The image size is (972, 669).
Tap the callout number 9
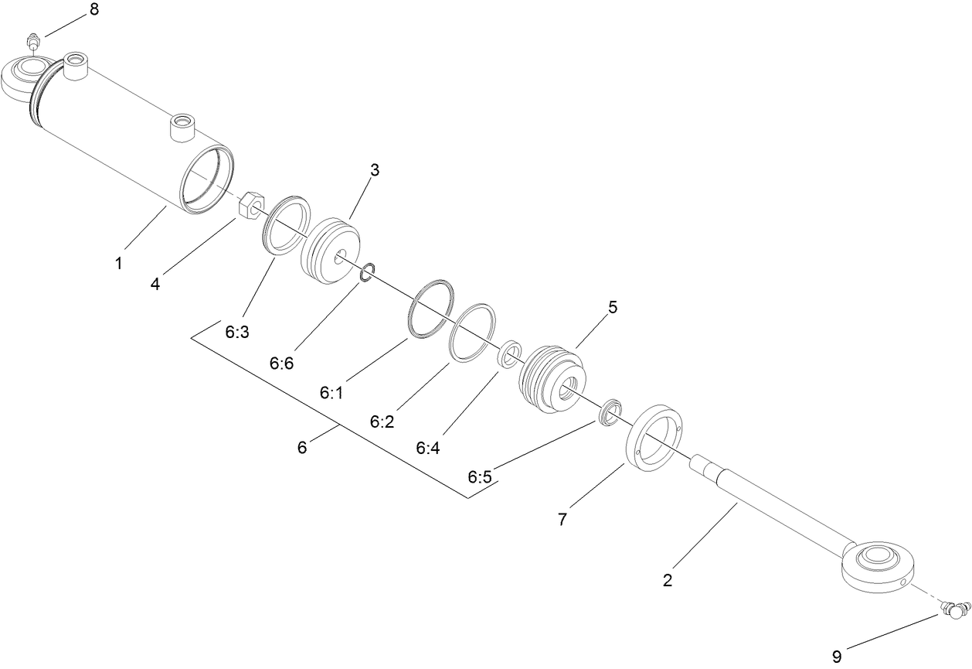click(x=836, y=657)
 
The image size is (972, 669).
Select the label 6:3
click(x=237, y=333)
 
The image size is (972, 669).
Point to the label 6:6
click(x=281, y=363)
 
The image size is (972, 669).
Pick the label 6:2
click(x=382, y=422)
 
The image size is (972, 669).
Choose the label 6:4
click(x=427, y=448)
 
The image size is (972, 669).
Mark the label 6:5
click(x=479, y=476)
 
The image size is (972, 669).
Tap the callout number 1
click(x=118, y=264)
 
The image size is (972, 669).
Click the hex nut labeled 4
click(x=249, y=207)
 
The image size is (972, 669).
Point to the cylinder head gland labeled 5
click(x=552, y=378)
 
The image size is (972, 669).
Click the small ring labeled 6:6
click(x=368, y=270)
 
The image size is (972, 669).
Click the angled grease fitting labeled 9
click(x=955, y=609)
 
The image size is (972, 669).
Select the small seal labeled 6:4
click(x=509, y=353)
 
